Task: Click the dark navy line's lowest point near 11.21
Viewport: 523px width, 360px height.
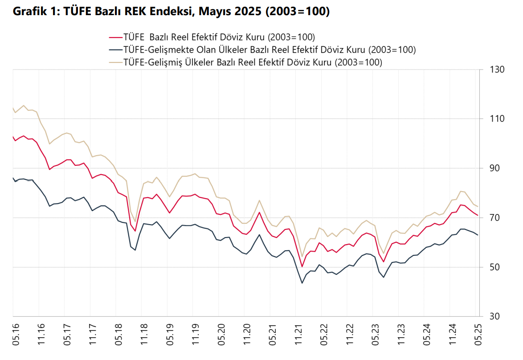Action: tap(302, 283)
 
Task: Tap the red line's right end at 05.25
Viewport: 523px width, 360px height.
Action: tap(478, 216)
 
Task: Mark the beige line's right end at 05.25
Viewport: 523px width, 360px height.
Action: tap(478, 207)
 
